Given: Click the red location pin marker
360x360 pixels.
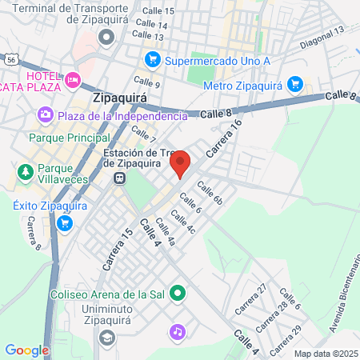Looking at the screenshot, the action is pos(180,163).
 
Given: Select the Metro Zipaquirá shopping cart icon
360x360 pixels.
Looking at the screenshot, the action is pos(294,83).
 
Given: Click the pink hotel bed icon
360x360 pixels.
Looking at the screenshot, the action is pos(73,79).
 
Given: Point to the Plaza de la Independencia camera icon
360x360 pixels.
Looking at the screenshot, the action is pos(46,115).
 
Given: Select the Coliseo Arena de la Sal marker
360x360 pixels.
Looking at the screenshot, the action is pos(177,294).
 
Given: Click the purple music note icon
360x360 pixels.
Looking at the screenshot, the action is pos(177,330).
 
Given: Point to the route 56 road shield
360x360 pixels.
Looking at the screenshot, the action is pos(10,59).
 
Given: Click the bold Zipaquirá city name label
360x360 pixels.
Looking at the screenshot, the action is pos(125,99).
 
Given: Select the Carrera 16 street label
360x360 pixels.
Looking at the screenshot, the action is pos(223,138).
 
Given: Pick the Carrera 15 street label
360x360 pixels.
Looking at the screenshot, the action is pos(117,248).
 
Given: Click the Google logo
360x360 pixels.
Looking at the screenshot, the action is pos(27,350).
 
